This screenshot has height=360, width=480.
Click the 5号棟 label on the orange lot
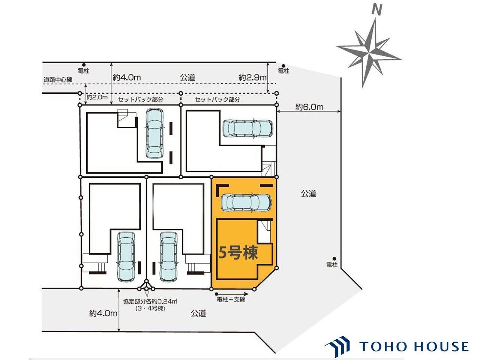coord(238,253)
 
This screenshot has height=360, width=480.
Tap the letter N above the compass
coord(377,10)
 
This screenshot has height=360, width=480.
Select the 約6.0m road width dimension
coord(309,107)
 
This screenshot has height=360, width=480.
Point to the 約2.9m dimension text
coord(252,77)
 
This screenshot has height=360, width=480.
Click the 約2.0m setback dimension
coord(97,97)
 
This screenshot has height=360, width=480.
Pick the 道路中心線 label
coord(58,79)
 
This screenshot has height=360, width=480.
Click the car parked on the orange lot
coord(246,202)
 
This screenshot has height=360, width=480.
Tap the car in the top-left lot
coord(155,133)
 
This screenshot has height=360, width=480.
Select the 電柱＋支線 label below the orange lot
coord(231,300)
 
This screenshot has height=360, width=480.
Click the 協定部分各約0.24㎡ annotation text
coord(150,301)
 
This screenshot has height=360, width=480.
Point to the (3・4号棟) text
coord(150,308)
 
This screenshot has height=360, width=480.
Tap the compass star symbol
coord(369,52)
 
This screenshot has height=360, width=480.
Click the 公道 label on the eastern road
coord(309,193)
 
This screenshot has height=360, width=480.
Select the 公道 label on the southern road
coord(198,313)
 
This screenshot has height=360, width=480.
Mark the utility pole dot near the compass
coord(283,66)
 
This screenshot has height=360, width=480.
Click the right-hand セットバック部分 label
coord(217,100)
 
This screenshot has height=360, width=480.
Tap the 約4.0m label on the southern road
coord(103,313)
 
